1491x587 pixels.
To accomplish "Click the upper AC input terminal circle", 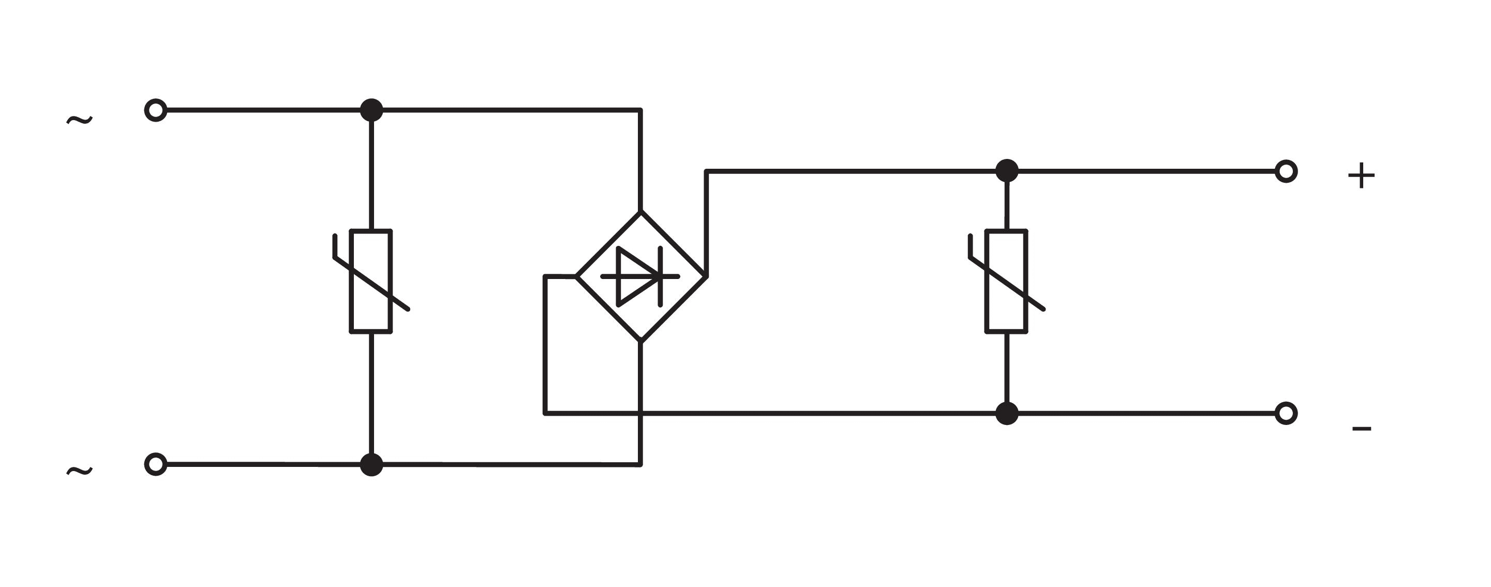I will [156, 110].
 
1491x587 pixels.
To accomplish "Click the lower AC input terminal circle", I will [156, 464].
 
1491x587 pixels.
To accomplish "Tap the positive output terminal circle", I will [1286, 171].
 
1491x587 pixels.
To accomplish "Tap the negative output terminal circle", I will [1286, 413].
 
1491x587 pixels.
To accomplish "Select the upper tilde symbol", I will [79, 120].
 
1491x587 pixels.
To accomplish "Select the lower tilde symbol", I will [79, 471].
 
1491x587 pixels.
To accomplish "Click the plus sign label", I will [1361, 175].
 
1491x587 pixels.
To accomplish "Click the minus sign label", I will [1361, 429].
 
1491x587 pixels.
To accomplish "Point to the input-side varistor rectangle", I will [371, 282].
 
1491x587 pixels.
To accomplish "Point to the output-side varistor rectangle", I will [1007, 282].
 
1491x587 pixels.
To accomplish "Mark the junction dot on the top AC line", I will [371, 110].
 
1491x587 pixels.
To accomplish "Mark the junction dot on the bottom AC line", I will [371, 464].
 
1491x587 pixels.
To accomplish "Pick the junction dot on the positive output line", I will [1007, 171].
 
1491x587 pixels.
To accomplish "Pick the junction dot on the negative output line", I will [1007, 413].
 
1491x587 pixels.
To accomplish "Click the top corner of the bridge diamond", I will [640, 212].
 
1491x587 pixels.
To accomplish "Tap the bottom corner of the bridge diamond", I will [640, 342].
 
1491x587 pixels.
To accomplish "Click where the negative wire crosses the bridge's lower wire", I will [640, 413].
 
